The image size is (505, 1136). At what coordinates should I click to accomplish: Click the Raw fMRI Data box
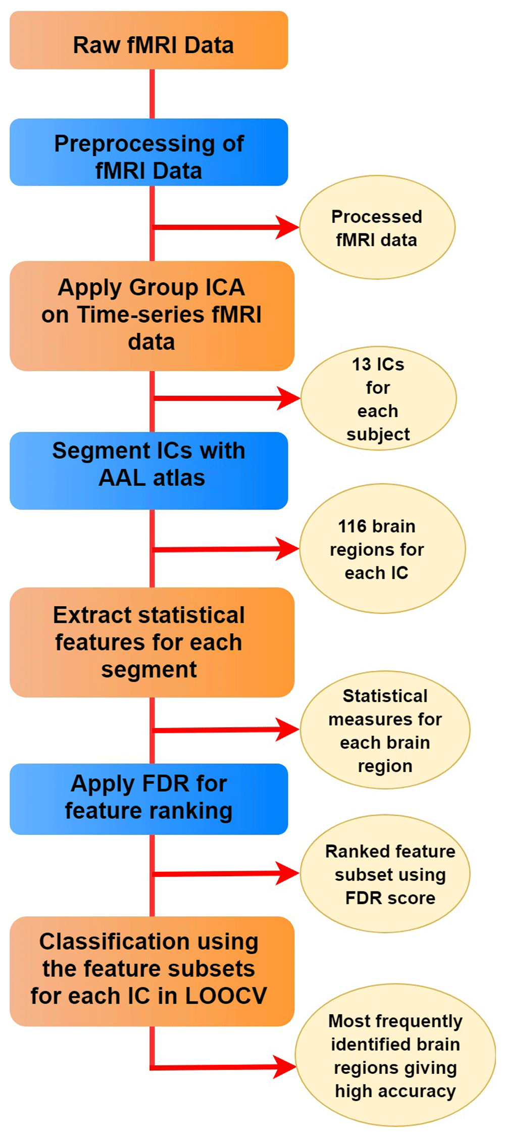149,40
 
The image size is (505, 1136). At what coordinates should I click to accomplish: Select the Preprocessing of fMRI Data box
149,152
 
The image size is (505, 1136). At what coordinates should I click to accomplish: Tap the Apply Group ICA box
152,316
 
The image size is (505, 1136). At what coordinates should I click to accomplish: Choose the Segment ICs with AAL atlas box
149,470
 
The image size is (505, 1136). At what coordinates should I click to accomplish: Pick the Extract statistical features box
152,642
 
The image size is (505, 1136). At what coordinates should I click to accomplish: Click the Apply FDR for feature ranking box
149,799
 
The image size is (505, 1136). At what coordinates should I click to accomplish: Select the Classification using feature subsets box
152,971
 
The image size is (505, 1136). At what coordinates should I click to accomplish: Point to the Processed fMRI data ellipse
377,227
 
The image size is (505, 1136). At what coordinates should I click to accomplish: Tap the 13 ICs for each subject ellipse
379,398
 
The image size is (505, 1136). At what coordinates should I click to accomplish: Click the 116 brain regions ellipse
382,549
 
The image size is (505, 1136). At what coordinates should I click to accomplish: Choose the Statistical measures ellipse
385,729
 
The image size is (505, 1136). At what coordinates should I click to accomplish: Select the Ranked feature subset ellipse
385,873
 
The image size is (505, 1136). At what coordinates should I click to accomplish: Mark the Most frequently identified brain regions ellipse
395,1055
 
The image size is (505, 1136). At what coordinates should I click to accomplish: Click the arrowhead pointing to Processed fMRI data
287,227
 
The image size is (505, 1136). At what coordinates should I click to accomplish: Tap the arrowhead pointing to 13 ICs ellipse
288,398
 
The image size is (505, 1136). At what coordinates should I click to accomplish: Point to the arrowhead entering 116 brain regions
287,549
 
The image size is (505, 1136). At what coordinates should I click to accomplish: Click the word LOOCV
226,996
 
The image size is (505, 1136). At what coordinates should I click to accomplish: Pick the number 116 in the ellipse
352,526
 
